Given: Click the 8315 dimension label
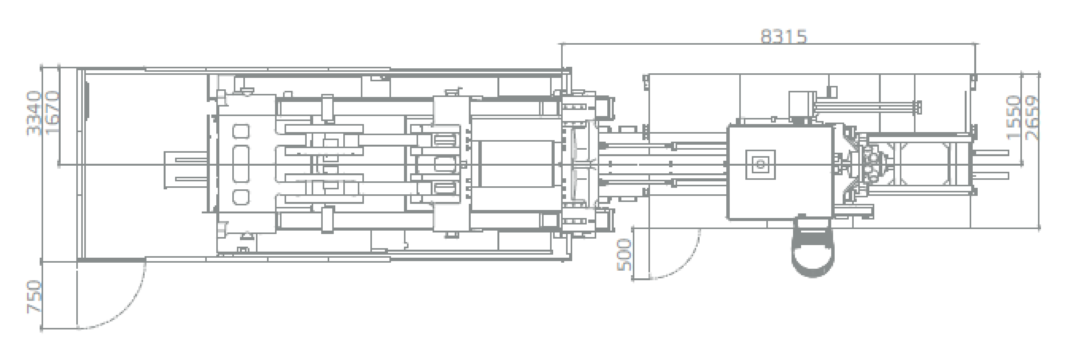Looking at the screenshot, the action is coord(784,37).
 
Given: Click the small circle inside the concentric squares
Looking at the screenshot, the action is coord(760,165).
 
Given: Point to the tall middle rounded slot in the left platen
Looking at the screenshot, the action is coord(240,165).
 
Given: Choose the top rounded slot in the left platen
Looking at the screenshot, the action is coord(240,132).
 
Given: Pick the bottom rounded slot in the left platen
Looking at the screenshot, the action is coord(240,197).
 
